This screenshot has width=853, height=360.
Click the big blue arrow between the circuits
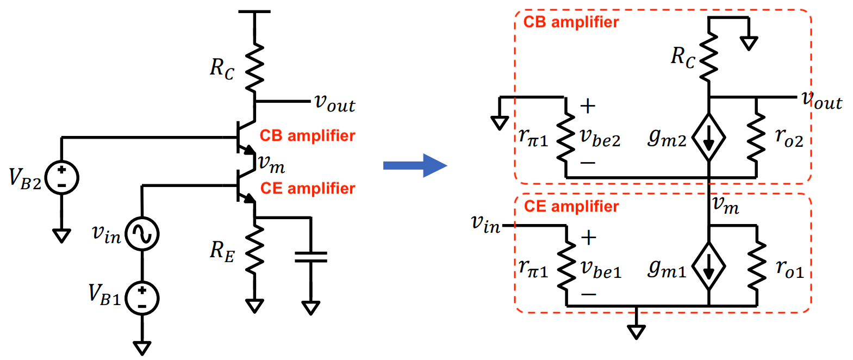pos(414,165)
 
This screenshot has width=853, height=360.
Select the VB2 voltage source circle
pos(61,178)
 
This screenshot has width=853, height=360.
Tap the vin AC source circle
pos(142,234)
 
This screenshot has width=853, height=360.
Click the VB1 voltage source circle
pos(142,298)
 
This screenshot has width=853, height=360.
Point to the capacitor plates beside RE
pos(310,257)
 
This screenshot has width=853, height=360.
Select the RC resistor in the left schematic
pos(254,68)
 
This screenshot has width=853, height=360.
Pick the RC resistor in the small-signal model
pos(709,57)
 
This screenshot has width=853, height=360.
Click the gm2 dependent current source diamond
pos(708,138)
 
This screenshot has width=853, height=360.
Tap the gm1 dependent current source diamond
pos(708,267)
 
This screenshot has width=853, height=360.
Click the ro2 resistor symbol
pos(756,137)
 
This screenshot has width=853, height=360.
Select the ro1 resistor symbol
pos(756,266)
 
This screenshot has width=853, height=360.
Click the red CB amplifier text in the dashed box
pos(571,22)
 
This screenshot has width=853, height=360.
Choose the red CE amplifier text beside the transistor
pos(308,188)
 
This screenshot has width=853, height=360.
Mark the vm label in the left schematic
pos(271,163)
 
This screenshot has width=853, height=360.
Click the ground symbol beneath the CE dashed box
pos(636,330)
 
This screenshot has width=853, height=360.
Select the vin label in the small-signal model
pos(485,223)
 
